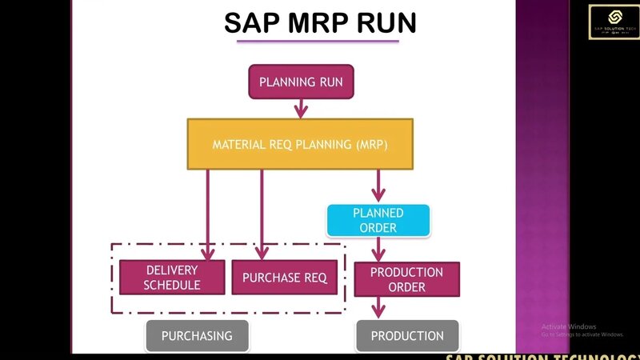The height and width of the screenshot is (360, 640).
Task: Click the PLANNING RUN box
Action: [301, 82]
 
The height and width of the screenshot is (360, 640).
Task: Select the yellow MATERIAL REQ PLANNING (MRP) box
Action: [300, 145]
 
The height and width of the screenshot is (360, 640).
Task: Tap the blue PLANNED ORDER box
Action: [378, 221]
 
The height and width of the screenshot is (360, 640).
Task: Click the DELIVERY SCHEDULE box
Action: [172, 278]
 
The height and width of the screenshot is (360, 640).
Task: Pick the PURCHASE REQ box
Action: [284, 278]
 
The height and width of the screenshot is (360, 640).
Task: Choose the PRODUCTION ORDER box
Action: [406, 278]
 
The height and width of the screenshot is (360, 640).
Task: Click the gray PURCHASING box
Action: [197, 336]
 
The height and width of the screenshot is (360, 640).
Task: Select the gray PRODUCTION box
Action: [407, 336]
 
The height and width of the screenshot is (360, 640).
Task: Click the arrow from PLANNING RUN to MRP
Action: [301, 108]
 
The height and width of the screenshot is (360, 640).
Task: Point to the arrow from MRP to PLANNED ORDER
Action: [378, 186]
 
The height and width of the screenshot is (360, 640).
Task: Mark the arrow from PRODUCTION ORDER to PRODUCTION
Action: [378, 308]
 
